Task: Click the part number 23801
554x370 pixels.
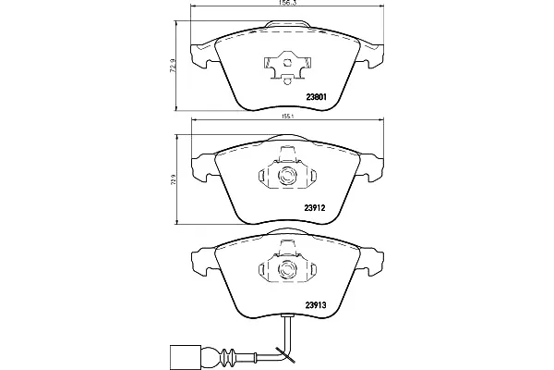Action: (316, 96)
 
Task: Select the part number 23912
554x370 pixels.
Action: (315, 208)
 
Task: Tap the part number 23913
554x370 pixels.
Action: (315, 304)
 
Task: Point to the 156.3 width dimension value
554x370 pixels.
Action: (287, 2)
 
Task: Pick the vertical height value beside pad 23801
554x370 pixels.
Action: (172, 66)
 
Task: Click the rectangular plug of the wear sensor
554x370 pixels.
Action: (185, 355)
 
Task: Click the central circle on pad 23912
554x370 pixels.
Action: (286, 176)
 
